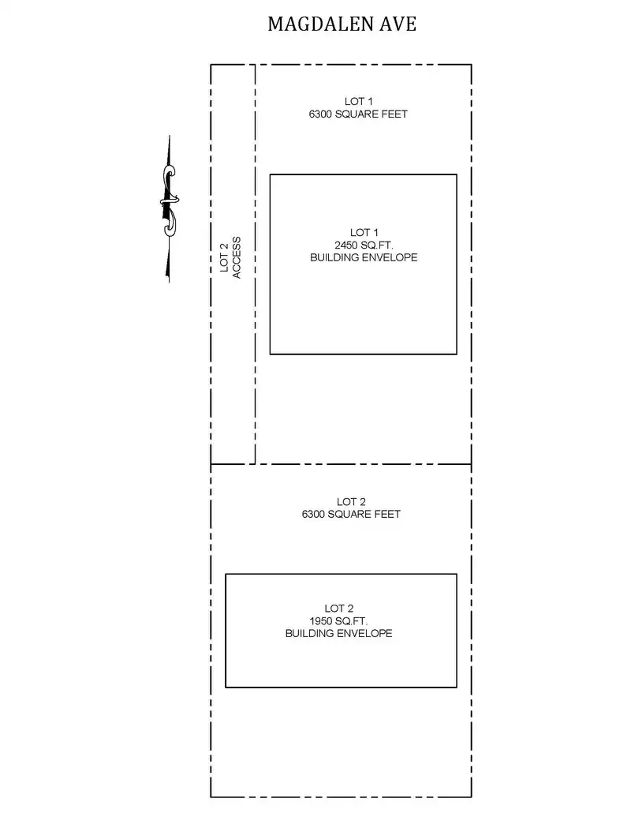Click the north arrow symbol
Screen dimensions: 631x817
[x=169, y=208]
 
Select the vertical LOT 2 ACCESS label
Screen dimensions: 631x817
[x=230, y=257]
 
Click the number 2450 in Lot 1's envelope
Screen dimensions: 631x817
[x=346, y=245]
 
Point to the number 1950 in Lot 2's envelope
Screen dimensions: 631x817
[x=321, y=621]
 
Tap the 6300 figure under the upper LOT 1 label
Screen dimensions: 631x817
[x=320, y=114]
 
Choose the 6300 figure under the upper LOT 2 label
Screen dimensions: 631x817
[x=313, y=514]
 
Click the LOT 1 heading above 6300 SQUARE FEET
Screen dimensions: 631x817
[x=358, y=102]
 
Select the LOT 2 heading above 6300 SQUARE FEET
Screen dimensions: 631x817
[x=351, y=502]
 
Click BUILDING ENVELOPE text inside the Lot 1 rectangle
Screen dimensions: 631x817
[x=364, y=257]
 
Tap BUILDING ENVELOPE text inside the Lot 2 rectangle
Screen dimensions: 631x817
[x=338, y=634]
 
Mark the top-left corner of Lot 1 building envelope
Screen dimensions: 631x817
[x=271, y=174]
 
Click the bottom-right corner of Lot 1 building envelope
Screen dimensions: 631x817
[x=457, y=354]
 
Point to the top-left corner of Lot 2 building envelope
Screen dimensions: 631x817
[x=226, y=574]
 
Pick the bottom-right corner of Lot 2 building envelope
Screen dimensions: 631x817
[x=457, y=688]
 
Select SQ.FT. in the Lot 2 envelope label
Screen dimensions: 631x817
[x=352, y=621]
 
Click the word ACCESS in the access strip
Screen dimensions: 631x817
[x=237, y=257]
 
